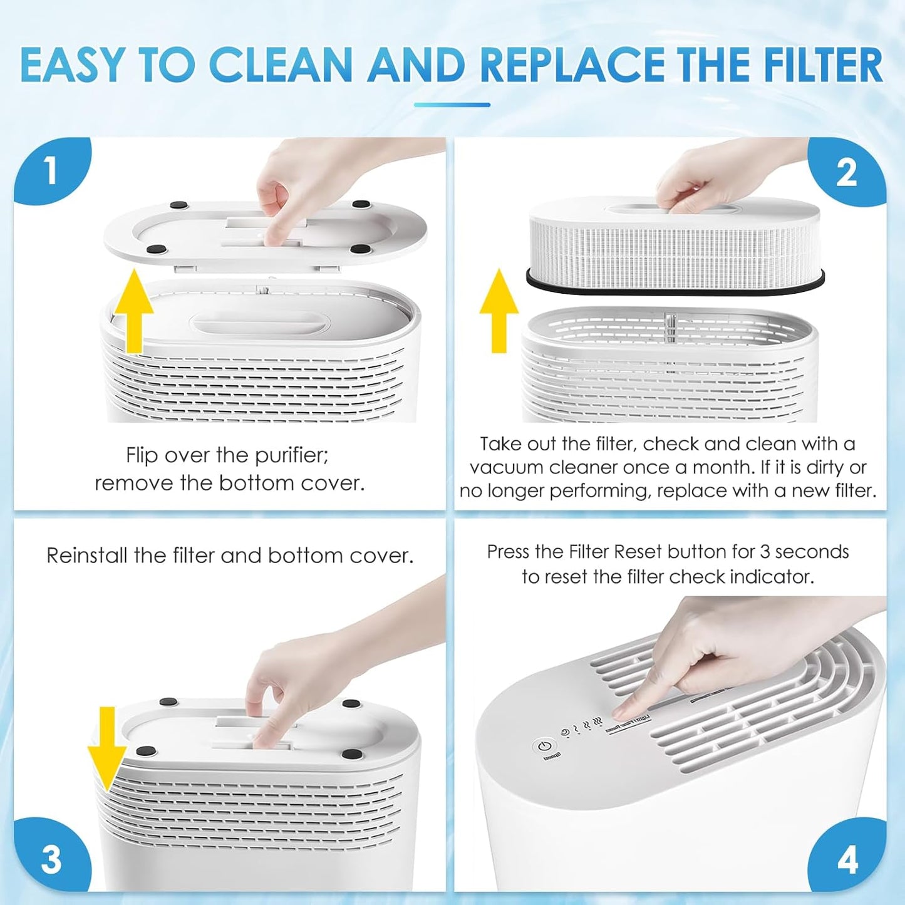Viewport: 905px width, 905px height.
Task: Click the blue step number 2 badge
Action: tap(847, 172)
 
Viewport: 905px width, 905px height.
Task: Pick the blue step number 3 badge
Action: tap(51, 859)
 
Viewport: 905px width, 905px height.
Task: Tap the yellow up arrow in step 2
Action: tap(499, 311)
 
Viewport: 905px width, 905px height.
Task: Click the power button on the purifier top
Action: tap(544, 747)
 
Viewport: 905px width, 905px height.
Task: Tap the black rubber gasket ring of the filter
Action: tap(675, 288)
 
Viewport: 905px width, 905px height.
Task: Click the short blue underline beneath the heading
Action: tap(452, 105)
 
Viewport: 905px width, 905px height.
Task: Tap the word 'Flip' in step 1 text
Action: tap(142, 455)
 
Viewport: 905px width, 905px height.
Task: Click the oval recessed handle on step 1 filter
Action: tap(260, 324)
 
